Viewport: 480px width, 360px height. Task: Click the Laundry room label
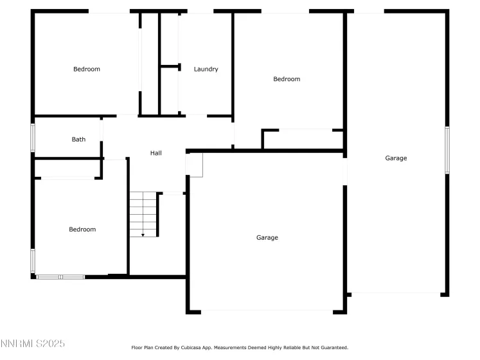206,69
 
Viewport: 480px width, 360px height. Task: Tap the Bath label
78,139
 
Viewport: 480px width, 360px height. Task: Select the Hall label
156,153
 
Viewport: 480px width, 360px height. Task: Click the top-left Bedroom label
87,69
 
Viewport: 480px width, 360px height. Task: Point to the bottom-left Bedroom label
82,230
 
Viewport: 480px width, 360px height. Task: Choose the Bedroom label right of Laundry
287,79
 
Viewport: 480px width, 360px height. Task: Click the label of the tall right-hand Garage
396,158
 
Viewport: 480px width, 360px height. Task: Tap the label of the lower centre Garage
267,238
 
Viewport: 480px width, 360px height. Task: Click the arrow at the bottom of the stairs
143,235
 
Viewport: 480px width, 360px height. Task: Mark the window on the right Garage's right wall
447,150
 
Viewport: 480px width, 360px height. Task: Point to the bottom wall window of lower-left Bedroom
60,277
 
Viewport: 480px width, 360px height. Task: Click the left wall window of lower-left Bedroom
33,260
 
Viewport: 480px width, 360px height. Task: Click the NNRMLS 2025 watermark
33,345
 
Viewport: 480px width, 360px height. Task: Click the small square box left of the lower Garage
194,165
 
